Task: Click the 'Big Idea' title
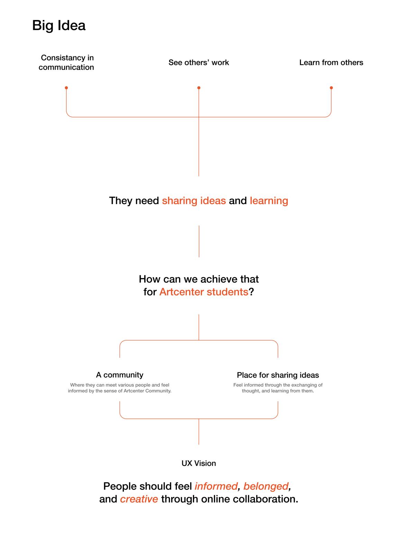point(58,25)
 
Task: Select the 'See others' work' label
point(199,62)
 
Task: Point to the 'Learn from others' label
point(331,62)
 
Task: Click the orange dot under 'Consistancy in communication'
point(66,88)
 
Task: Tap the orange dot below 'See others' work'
point(199,88)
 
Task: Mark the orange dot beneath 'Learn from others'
point(331,88)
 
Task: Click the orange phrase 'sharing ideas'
point(194,201)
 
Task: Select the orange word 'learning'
point(269,201)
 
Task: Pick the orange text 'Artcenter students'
point(204,292)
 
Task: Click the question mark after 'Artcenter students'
point(251,292)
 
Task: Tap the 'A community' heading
point(120,375)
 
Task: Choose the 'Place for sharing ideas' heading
point(278,375)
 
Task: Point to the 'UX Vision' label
point(199,463)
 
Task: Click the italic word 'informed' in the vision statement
point(216,486)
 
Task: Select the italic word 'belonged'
point(266,486)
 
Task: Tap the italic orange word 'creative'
point(139,499)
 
